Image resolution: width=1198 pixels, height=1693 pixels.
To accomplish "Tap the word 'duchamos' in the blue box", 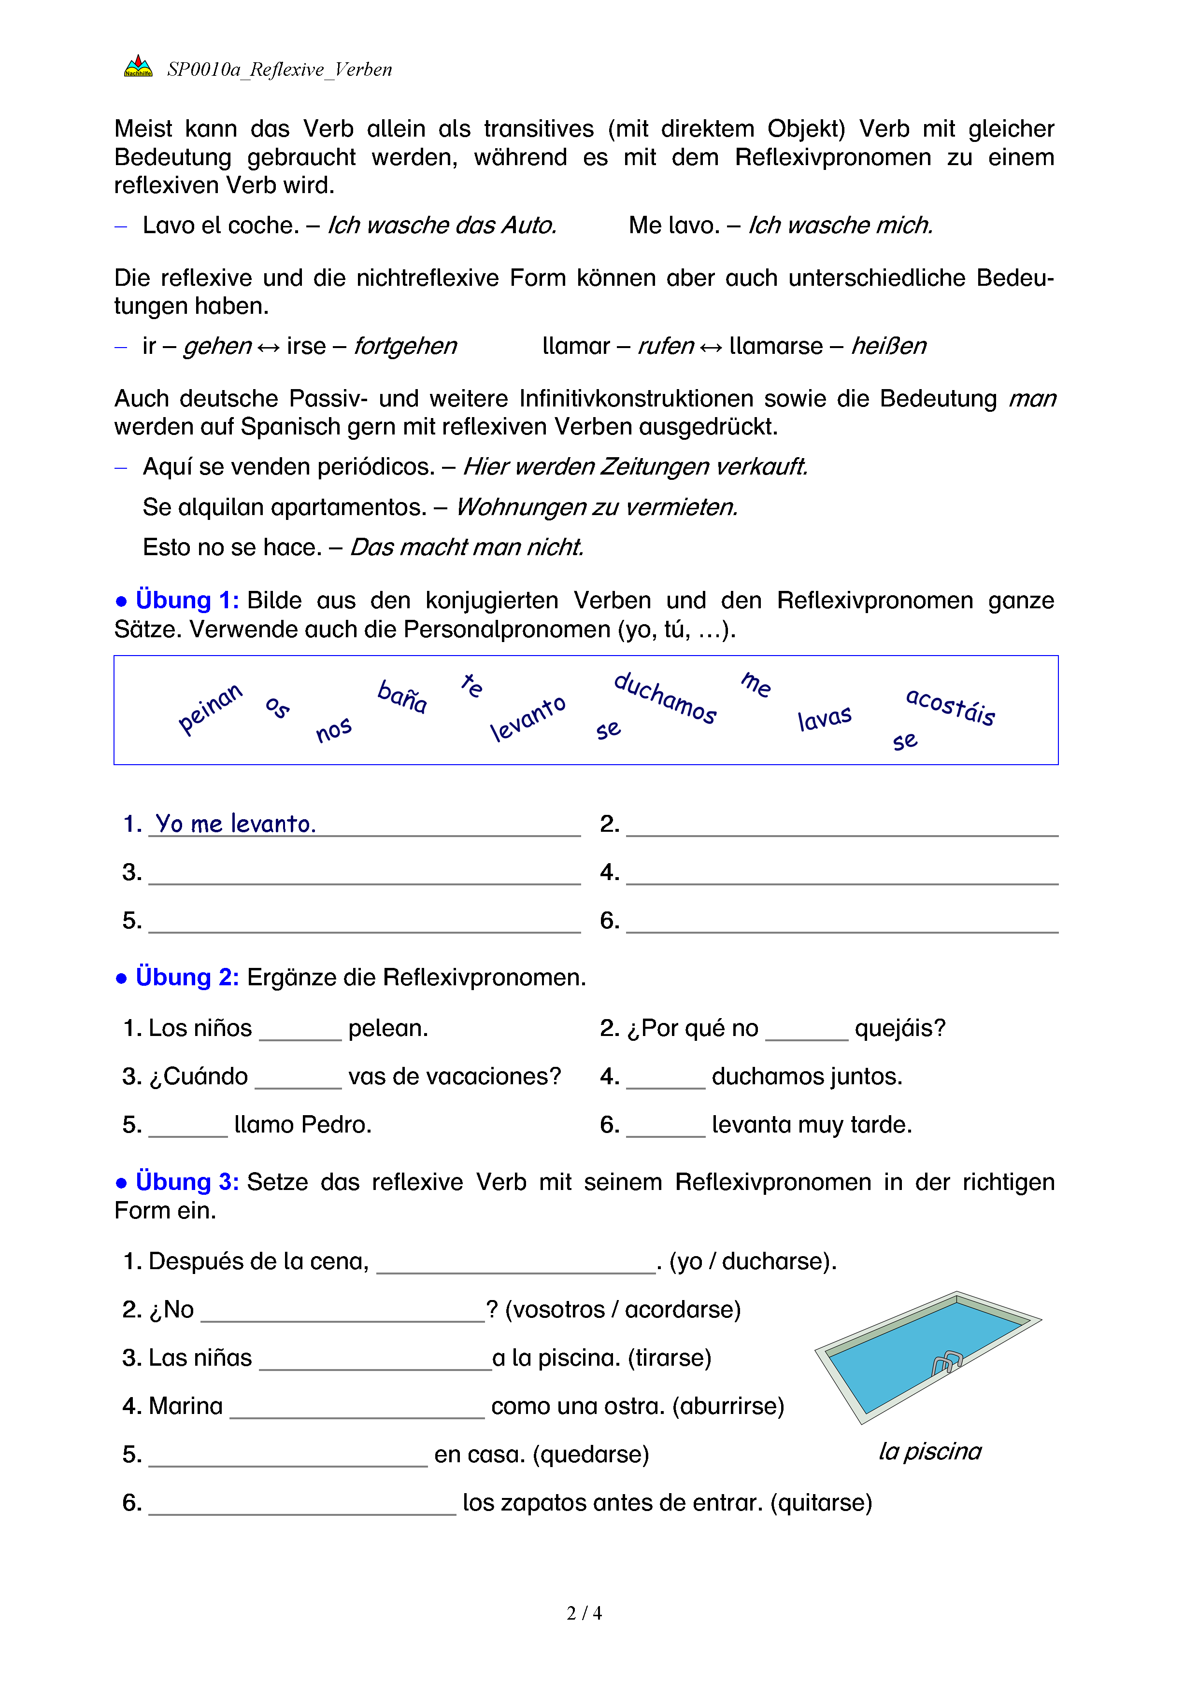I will point(665,698).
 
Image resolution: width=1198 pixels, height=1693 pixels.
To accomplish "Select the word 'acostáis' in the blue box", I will point(950,706).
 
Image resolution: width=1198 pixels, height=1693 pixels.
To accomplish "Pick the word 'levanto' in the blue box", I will point(528,717).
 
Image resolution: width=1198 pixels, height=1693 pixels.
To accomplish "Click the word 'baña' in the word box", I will point(402,697).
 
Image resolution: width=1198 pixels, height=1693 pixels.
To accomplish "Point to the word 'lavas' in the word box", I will point(824,717).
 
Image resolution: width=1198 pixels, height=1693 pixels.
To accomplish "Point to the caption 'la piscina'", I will point(929,1451).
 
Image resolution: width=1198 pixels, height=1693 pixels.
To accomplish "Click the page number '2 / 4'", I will point(584,1613).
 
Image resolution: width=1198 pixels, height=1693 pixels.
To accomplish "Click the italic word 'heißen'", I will point(888,346).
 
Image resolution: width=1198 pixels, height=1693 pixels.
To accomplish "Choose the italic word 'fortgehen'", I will point(405,346).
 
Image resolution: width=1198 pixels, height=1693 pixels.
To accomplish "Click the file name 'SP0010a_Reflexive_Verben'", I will point(279,70).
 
